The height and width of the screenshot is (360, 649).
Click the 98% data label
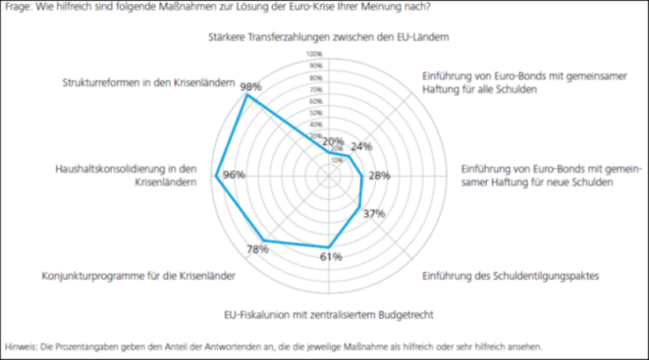(252, 86)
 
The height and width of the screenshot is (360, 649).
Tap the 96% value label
(234, 175)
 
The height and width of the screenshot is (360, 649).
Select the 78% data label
(257, 250)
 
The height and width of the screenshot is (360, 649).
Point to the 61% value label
(331, 256)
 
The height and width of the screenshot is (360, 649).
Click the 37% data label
(374, 214)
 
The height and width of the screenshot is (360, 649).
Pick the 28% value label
(380, 176)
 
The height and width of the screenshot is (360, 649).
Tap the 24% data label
(361, 146)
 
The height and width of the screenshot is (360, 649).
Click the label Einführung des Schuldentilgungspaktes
(511, 276)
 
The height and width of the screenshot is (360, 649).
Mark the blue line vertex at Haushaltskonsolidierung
(217, 176)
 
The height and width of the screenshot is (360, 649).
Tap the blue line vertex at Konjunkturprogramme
(264, 241)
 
